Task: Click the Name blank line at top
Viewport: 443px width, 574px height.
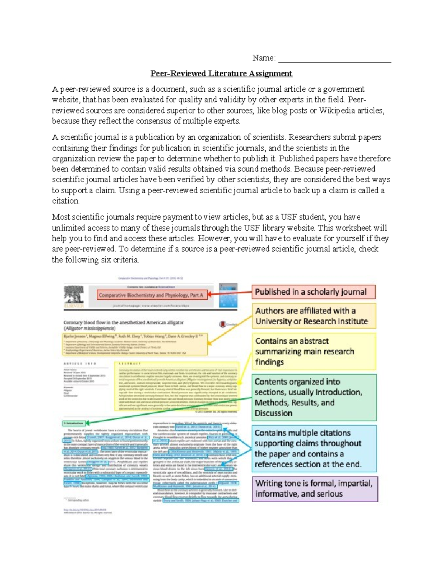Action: click(334, 59)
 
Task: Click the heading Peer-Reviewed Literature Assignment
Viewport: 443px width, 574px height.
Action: click(221, 74)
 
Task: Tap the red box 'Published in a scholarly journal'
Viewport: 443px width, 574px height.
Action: click(313, 292)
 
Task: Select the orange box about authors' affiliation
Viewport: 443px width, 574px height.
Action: click(314, 316)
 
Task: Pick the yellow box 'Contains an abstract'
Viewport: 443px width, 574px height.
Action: click(314, 351)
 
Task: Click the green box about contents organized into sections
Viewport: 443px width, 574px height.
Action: click(314, 397)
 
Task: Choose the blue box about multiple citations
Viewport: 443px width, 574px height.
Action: click(314, 448)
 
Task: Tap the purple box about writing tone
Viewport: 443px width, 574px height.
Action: click(315, 489)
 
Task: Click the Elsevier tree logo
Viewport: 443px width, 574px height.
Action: click(74, 296)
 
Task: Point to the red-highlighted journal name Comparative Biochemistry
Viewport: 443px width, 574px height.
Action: click(151, 295)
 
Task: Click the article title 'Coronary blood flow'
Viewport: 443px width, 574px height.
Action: click(123, 323)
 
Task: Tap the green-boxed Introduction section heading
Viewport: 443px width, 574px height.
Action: click(74, 423)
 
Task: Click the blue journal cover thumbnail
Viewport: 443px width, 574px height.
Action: click(228, 296)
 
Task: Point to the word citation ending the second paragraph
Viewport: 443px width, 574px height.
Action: click(65, 201)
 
